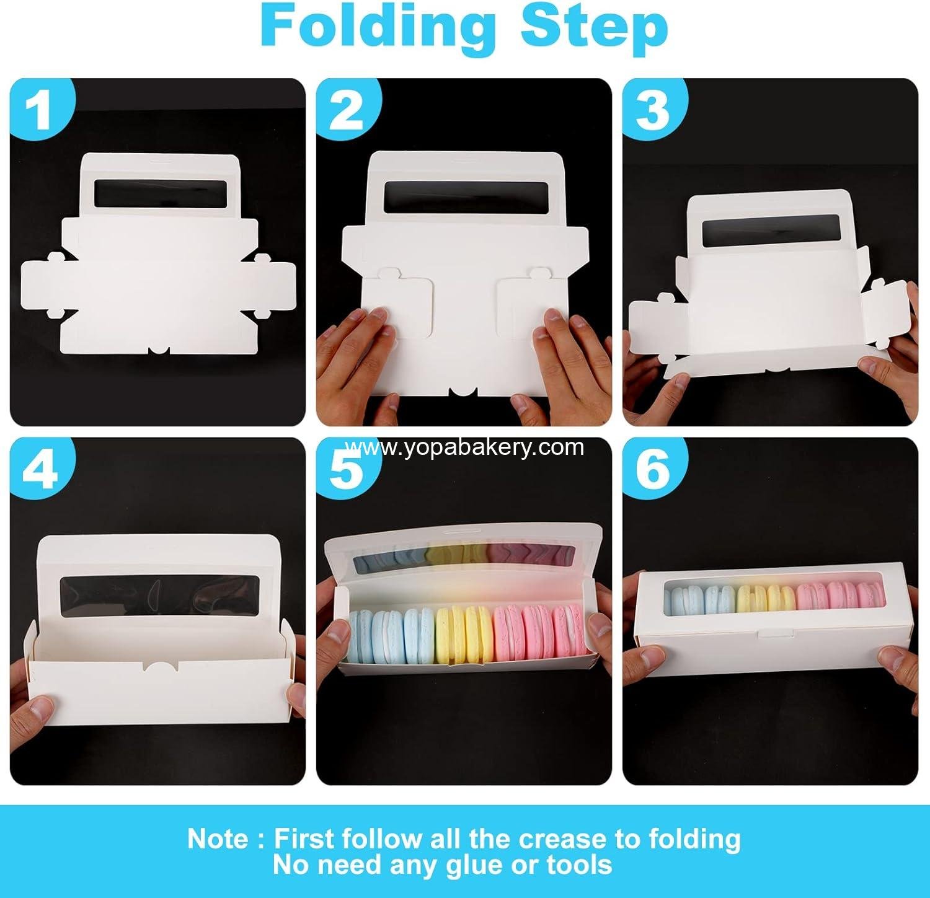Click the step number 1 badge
pyautogui.click(x=40, y=110)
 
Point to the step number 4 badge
pyautogui.click(x=40, y=469)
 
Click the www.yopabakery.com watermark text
pyautogui.click(x=465, y=447)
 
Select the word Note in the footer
pyautogui.click(x=219, y=839)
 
